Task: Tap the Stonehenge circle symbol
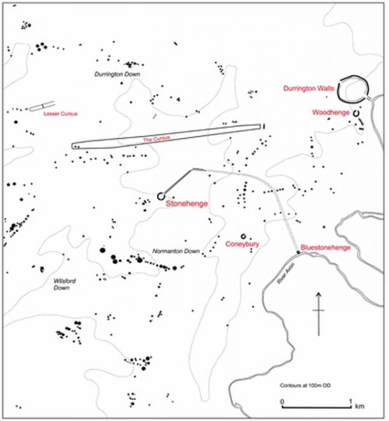click(161, 196)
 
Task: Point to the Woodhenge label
click(330, 112)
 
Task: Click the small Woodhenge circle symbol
click(356, 113)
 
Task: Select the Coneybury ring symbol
click(243, 235)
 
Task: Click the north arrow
click(318, 313)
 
